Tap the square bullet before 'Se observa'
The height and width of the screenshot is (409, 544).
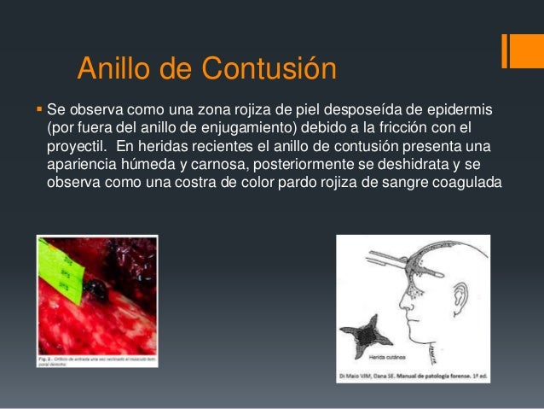[x=40, y=110]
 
